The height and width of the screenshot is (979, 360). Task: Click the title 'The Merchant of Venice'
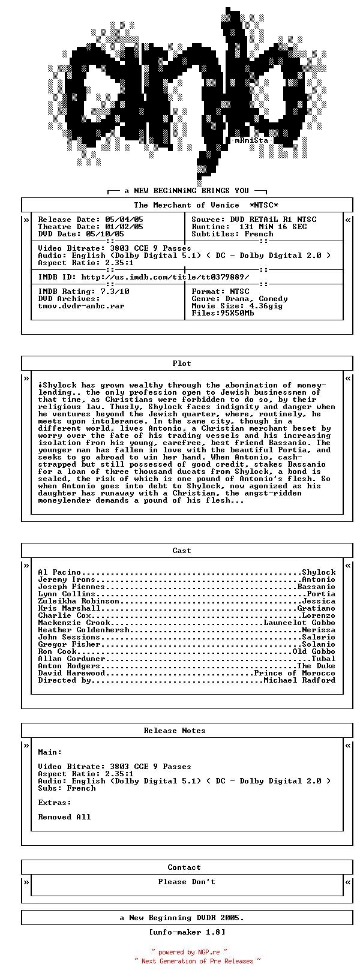click(186, 205)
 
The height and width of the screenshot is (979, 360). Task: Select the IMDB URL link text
click(165, 277)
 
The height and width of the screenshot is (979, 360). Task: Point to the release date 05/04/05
click(124, 220)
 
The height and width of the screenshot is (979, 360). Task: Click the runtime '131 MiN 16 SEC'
click(273, 227)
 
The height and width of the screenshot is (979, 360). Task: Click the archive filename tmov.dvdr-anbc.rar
click(81, 306)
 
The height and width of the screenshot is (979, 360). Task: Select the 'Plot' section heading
click(182, 364)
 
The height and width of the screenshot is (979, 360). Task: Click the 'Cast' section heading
click(182, 551)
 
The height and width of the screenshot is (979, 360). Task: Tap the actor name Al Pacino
click(59, 572)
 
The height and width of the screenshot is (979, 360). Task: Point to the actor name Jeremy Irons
click(67, 579)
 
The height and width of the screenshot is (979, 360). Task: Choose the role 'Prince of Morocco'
click(295, 673)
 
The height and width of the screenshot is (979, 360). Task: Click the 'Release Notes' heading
click(175, 731)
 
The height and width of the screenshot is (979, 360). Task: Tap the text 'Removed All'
click(64, 817)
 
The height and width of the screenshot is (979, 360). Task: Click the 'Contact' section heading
click(184, 867)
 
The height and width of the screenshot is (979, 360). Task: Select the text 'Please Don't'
click(187, 882)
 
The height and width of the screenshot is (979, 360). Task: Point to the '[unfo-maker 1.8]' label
click(187, 932)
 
